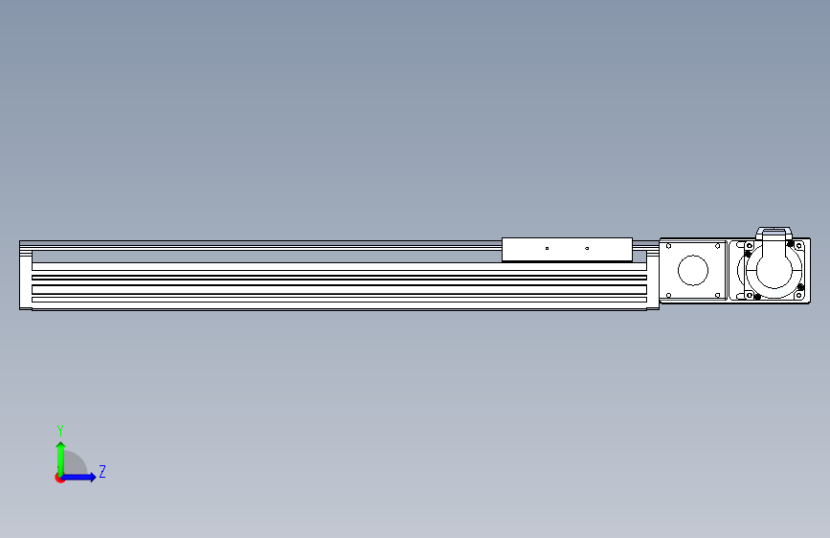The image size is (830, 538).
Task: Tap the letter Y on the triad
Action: click(60, 430)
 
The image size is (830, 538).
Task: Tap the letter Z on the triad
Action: click(102, 471)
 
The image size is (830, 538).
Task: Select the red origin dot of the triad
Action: click(59, 479)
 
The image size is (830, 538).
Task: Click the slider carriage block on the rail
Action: click(567, 250)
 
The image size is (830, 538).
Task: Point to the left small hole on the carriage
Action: click(547, 248)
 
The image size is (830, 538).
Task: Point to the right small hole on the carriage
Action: click(587, 248)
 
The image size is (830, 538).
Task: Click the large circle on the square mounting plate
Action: click(693, 270)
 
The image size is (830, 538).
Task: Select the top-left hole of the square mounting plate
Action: click(668, 246)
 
